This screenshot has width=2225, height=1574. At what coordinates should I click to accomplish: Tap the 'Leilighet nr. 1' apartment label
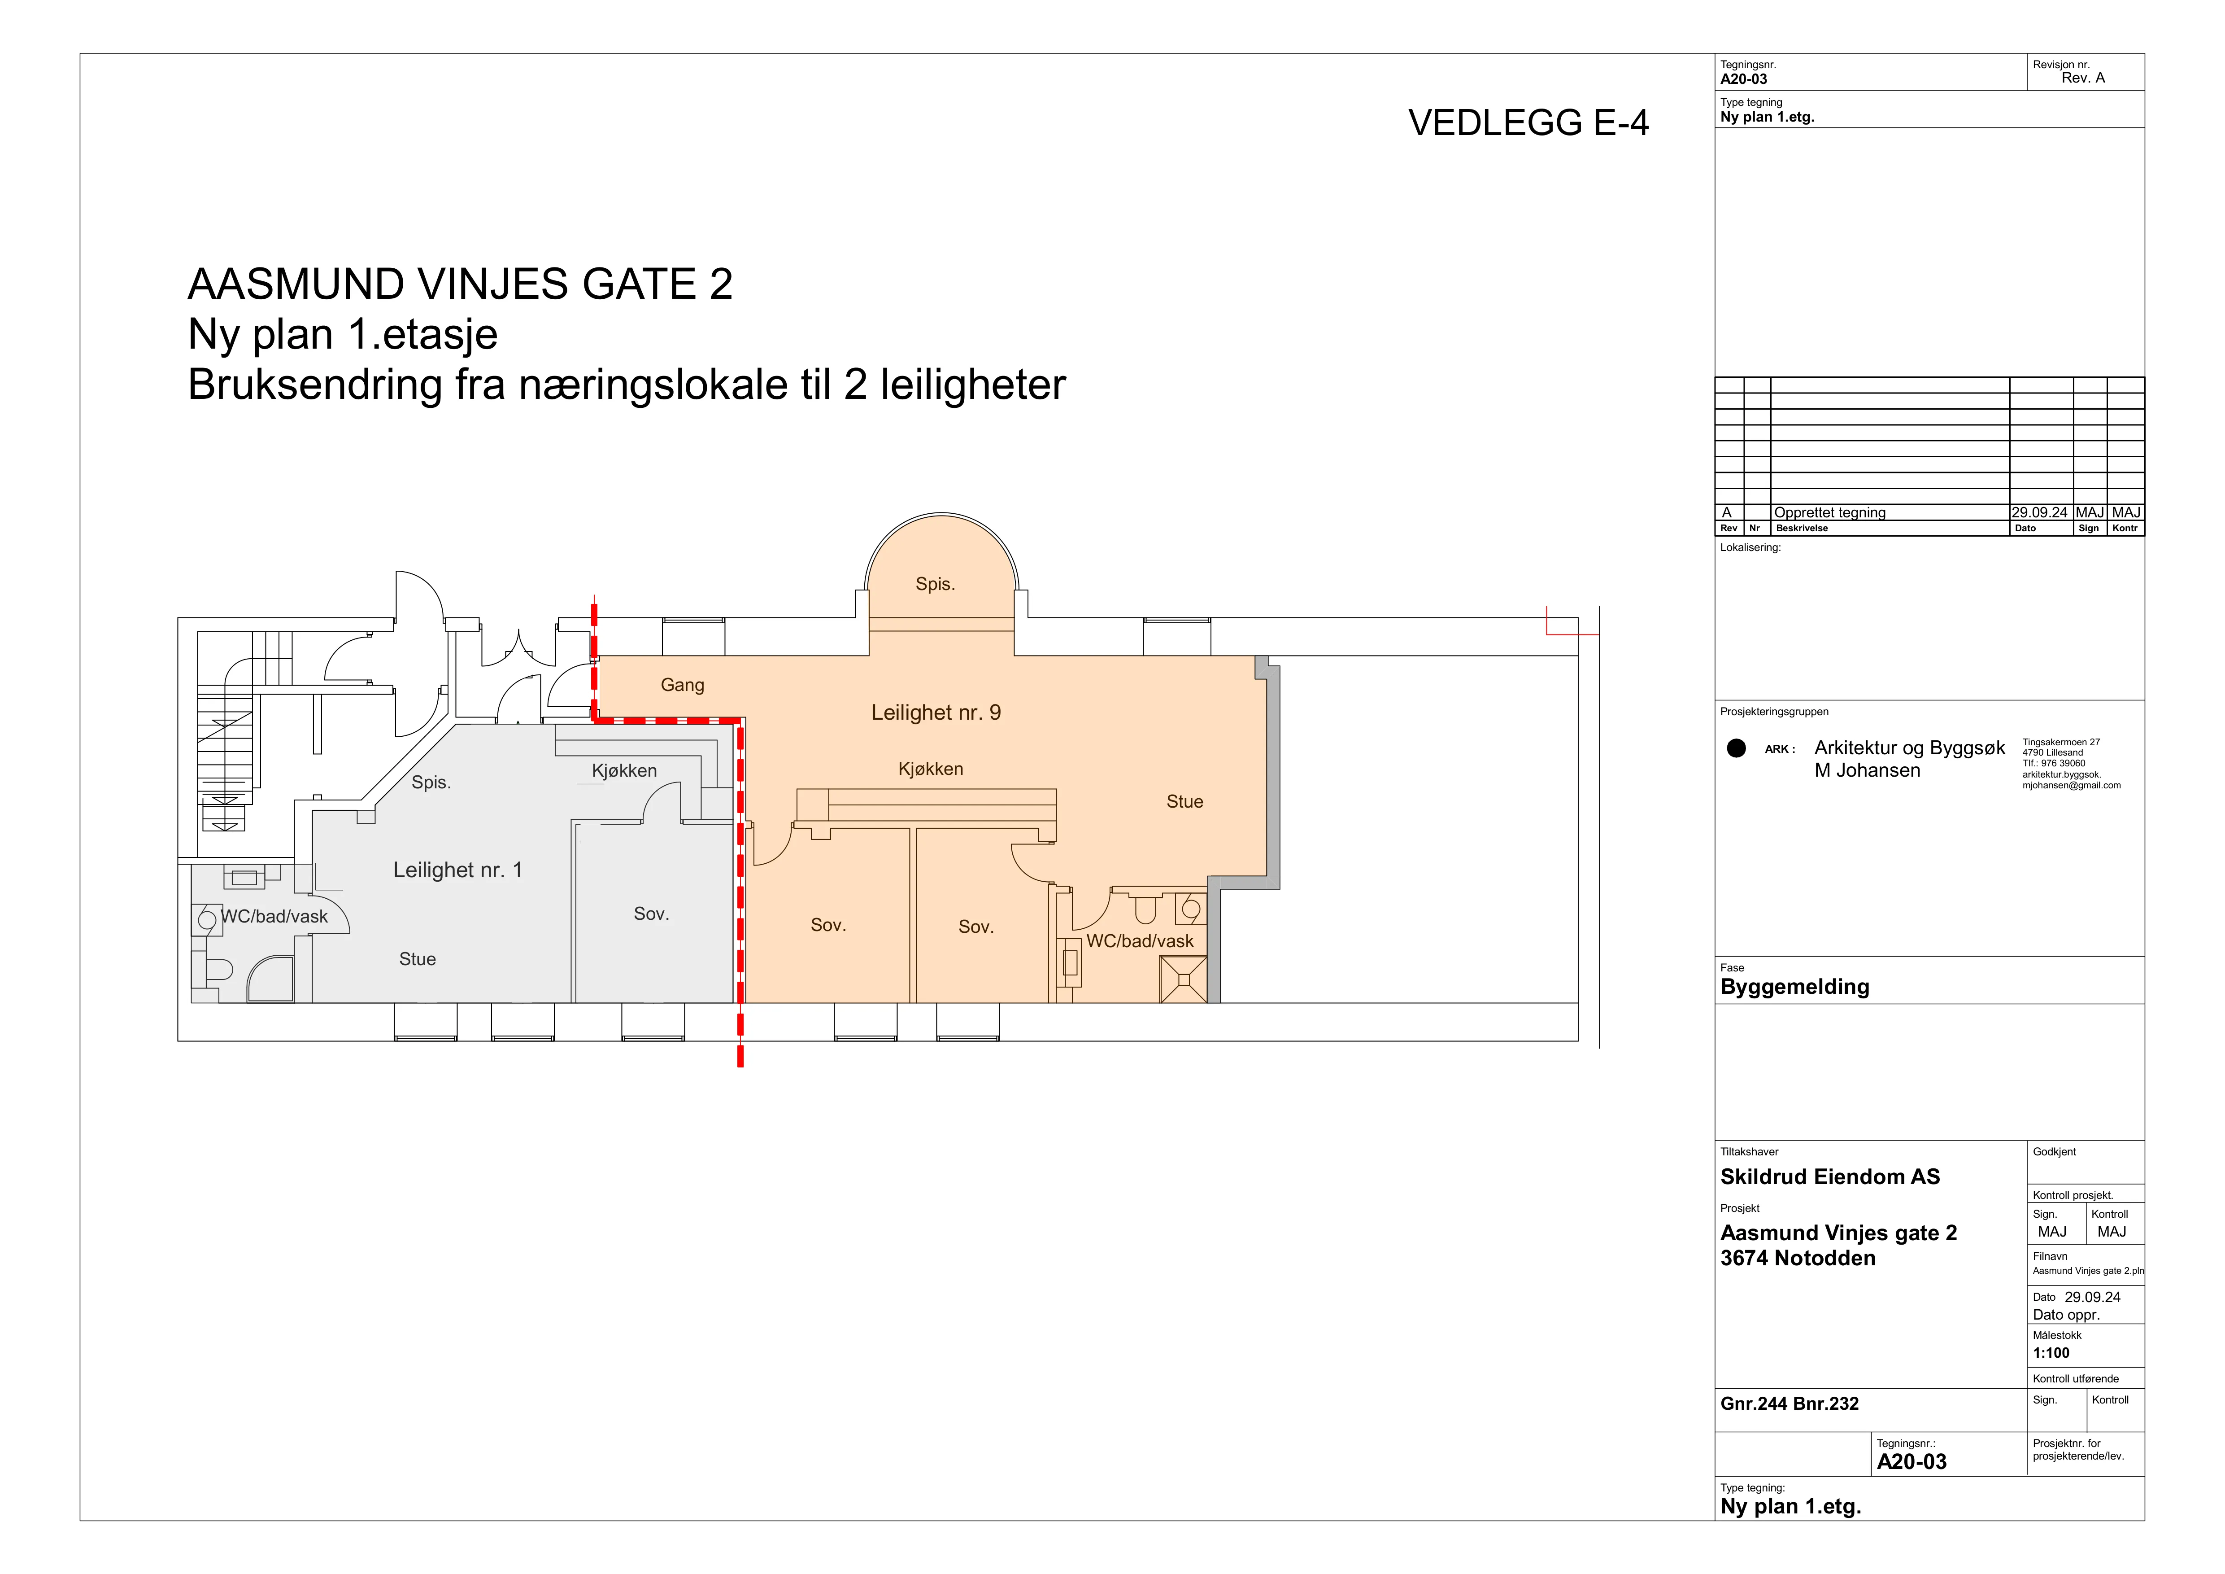pyautogui.click(x=457, y=870)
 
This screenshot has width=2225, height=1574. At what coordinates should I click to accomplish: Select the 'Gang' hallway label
pyautogui.click(x=682, y=685)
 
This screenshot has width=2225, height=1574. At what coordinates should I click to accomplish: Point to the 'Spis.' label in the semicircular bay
pyautogui.click(x=935, y=583)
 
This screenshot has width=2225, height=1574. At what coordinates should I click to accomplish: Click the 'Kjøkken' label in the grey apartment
pyautogui.click(x=624, y=770)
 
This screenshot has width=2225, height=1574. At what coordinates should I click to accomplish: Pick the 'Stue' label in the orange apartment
pyautogui.click(x=1184, y=801)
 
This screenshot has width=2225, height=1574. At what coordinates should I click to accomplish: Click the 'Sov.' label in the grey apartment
pyautogui.click(x=651, y=914)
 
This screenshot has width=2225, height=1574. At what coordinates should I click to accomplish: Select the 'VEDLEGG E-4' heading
pyautogui.click(x=1528, y=123)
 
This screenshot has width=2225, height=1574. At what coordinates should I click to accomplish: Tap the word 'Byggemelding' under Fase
pyautogui.click(x=1795, y=987)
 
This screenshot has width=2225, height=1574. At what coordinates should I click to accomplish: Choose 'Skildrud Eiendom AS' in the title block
pyautogui.click(x=1829, y=1176)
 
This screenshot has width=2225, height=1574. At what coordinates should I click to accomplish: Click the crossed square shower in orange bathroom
pyautogui.click(x=1183, y=979)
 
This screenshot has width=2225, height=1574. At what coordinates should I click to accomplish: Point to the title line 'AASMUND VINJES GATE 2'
pyautogui.click(x=460, y=284)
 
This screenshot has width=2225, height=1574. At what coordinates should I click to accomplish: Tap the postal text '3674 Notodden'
pyautogui.click(x=1798, y=1258)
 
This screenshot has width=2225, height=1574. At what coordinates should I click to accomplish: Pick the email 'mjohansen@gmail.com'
pyautogui.click(x=2071, y=786)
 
